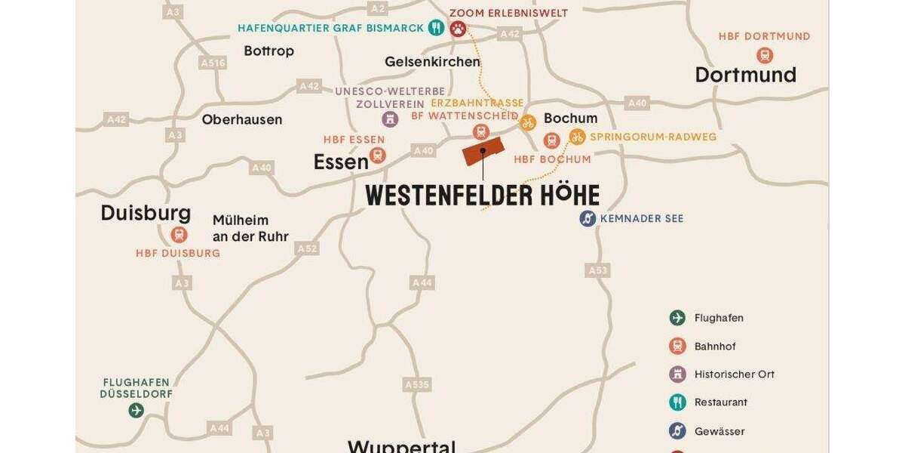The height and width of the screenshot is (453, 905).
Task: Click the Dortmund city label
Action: pos(745,75)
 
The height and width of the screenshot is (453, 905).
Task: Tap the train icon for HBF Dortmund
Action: pos(765,55)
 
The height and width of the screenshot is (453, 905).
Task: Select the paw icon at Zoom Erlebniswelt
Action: pos(458,29)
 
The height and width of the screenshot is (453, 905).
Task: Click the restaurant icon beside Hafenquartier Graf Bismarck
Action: pos(436,28)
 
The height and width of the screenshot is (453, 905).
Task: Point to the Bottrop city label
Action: pos(268,51)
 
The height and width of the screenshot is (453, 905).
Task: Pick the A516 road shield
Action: pos(213,63)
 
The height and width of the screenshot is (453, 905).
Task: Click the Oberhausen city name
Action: pos(241,119)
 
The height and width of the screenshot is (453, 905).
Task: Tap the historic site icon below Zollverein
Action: pos(390,119)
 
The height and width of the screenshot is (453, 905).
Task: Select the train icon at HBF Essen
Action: pos(378,156)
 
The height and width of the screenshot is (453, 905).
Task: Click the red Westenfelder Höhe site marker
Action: pos(482,151)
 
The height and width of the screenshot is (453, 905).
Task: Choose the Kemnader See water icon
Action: pos(587,218)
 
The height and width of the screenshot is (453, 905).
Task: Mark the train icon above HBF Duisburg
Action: pos(179,235)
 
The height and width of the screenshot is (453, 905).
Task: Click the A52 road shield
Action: pos(307,248)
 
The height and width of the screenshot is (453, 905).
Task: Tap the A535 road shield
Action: pos(417,385)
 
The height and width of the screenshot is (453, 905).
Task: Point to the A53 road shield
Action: pos(597,270)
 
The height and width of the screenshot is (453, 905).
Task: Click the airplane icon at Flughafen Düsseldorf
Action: pos(136,411)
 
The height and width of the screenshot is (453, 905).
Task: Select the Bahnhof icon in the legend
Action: pos(677,346)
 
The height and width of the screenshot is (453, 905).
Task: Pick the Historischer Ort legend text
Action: pos(734,374)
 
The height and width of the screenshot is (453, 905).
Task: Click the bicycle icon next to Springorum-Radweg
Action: pos(577,137)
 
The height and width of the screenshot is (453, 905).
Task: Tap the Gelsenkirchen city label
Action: pos(432,62)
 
